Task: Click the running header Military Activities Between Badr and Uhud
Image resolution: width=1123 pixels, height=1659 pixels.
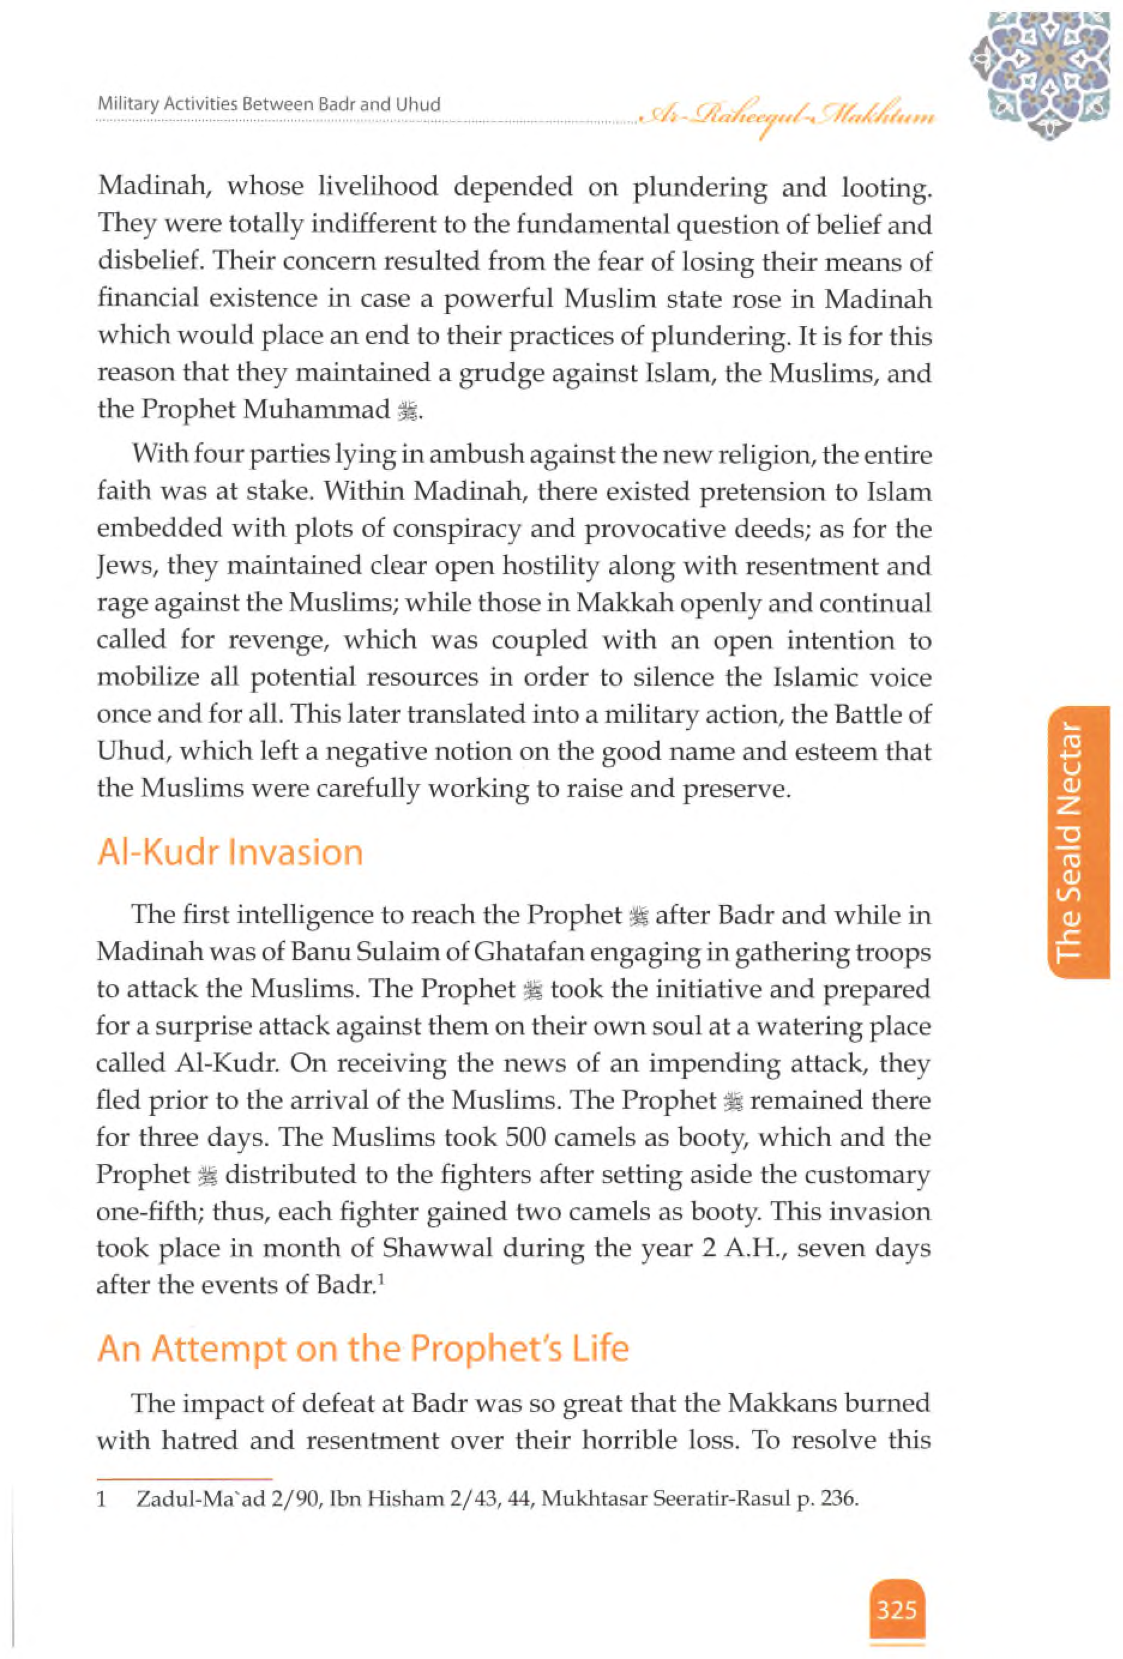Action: click(269, 104)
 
